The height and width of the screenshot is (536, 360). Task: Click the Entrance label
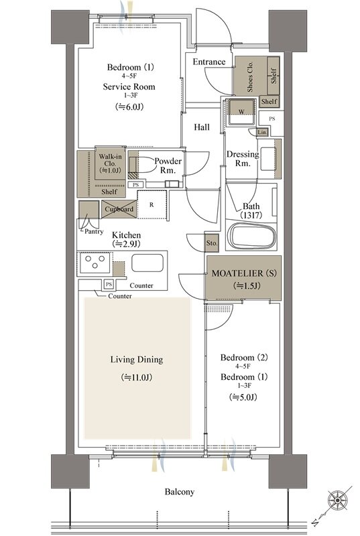point(209,62)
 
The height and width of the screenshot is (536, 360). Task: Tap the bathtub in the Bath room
point(251,237)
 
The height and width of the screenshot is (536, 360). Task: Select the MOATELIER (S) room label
point(244,273)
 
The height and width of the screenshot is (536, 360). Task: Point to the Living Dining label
point(137,359)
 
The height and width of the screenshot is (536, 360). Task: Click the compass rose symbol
point(337,500)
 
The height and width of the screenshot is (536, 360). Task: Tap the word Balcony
point(180,492)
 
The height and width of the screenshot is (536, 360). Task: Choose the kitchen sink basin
point(147,263)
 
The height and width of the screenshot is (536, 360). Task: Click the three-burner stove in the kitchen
point(95,263)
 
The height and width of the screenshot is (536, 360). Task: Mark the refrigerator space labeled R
point(152,205)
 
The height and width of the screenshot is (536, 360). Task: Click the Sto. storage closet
point(212,243)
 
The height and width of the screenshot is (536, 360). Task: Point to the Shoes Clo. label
point(250,76)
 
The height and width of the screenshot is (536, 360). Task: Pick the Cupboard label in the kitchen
point(119,209)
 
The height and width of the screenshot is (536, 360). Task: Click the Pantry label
point(94,231)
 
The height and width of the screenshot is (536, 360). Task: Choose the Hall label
point(202,127)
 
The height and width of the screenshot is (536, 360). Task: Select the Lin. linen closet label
point(262,132)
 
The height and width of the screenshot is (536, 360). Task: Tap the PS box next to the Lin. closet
point(272,119)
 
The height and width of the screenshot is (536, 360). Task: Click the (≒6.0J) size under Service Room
point(129,107)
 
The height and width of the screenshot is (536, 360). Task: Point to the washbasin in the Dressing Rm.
point(268,159)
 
